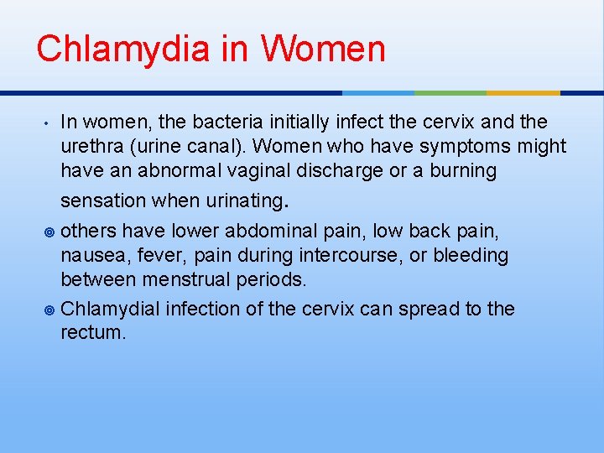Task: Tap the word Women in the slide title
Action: [323, 49]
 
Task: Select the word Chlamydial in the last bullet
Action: [111, 309]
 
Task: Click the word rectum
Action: [91, 332]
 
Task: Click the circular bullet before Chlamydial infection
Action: [50, 310]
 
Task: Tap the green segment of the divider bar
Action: [450, 92]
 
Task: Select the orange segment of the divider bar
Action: [523, 92]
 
